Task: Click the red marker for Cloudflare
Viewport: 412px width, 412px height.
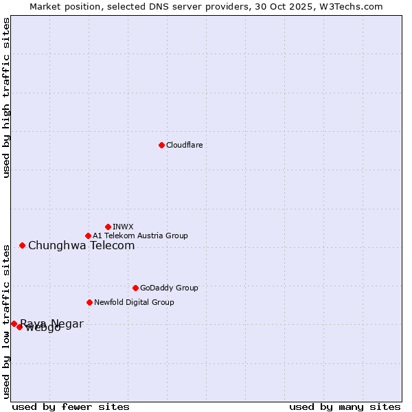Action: [x=161, y=145]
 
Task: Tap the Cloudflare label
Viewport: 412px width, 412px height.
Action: [x=184, y=145]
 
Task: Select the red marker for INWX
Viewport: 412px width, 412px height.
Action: [x=108, y=227]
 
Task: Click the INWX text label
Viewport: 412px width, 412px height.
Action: [x=123, y=227]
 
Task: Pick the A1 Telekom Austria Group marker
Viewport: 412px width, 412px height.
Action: [x=88, y=236]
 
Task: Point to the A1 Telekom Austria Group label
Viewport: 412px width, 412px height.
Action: [x=140, y=236]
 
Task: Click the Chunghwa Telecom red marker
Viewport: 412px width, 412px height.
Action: [x=22, y=245]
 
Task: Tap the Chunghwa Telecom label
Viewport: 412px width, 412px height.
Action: [x=81, y=245]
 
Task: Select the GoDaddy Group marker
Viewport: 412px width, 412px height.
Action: [x=135, y=288]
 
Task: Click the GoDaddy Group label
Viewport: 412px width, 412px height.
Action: [x=169, y=288]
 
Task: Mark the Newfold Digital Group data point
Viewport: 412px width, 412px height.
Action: [x=89, y=302]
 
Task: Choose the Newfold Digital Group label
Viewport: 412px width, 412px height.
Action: [x=134, y=302]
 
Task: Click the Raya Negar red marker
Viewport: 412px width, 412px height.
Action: [x=14, y=323]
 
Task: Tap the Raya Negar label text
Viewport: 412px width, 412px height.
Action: [x=52, y=323]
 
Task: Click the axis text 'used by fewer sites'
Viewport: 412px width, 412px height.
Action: [x=71, y=407]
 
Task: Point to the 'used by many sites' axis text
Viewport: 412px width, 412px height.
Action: [x=345, y=407]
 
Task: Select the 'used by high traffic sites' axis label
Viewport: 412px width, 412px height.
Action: [x=6, y=98]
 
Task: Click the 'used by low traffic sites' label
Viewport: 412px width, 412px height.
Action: [x=6, y=321]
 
